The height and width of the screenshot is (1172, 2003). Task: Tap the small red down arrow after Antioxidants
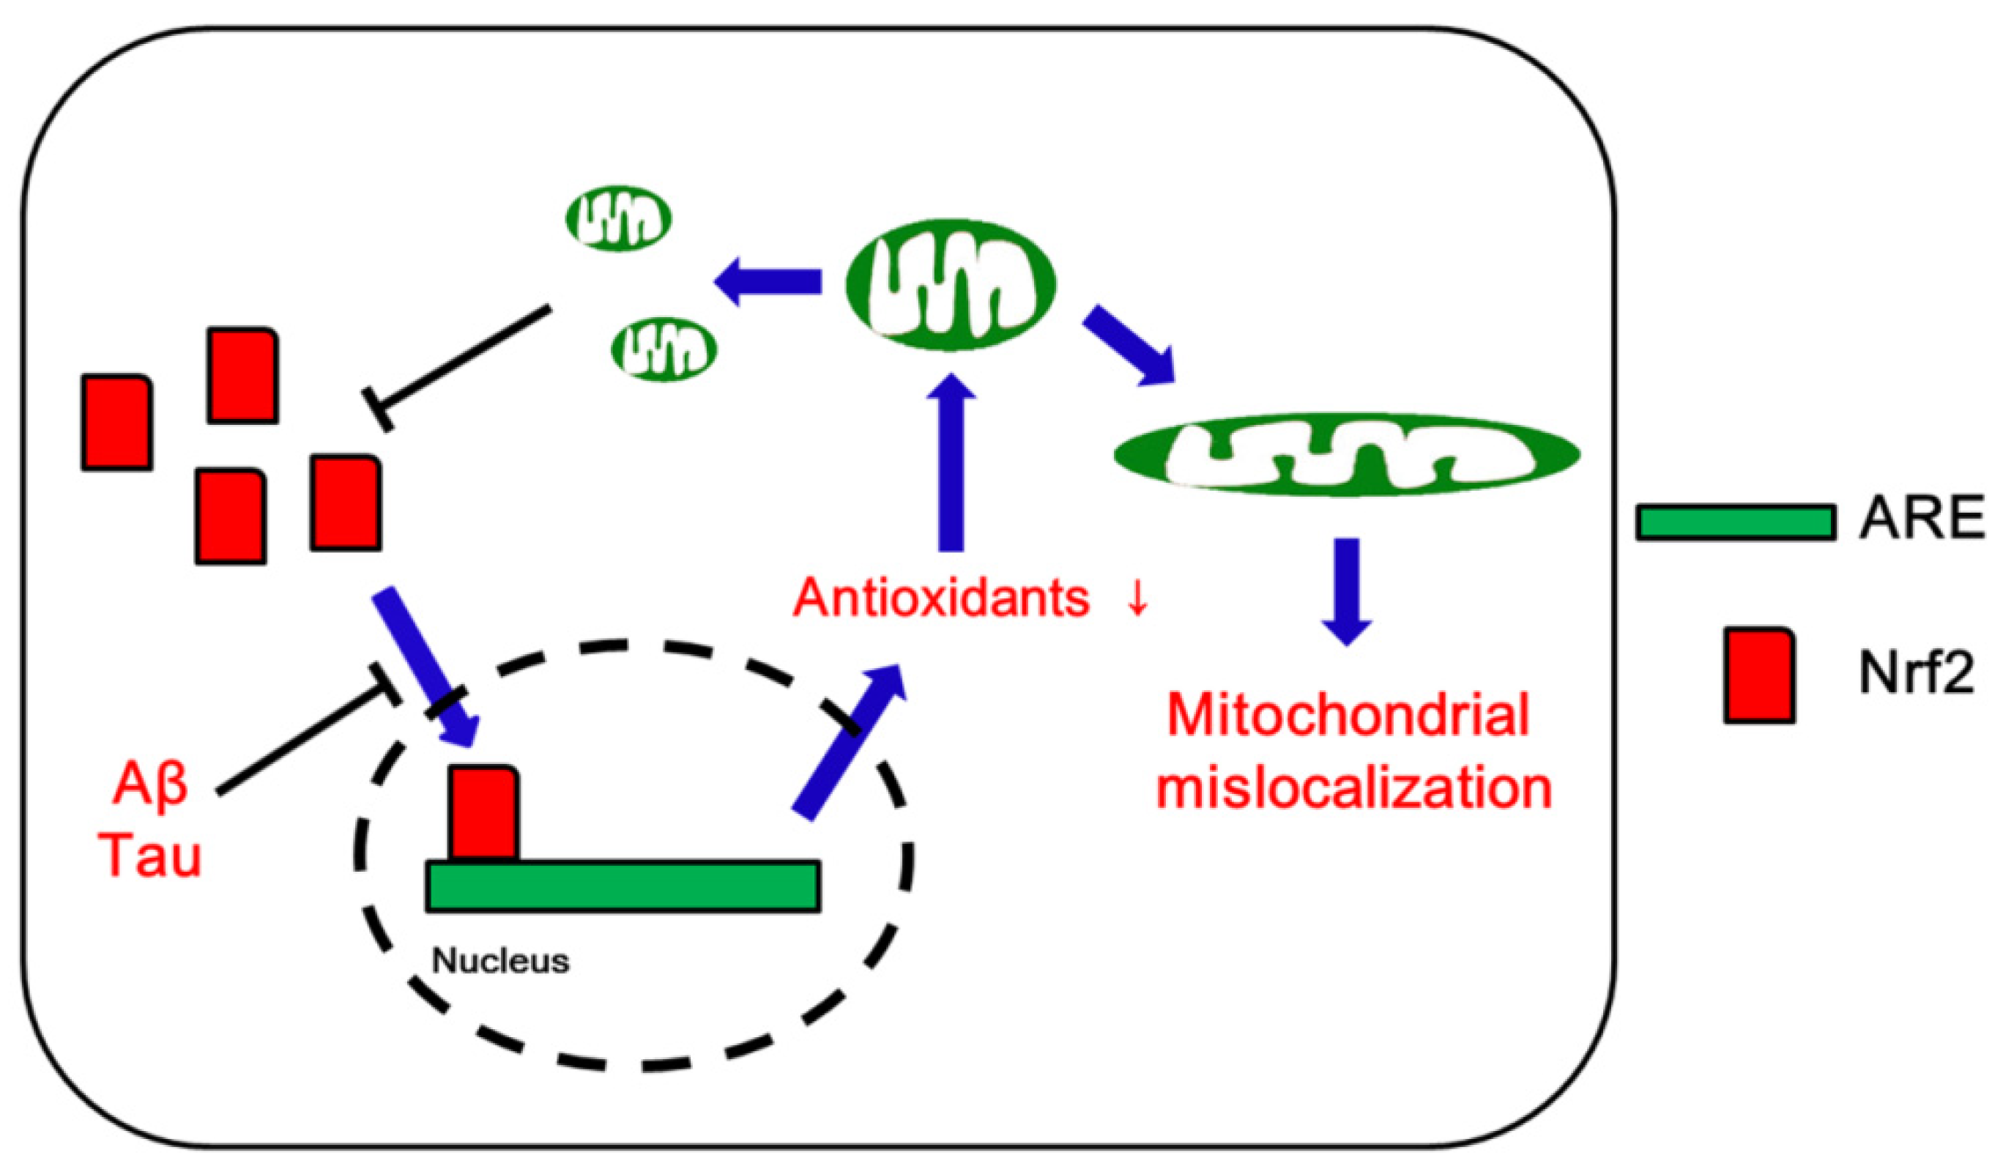point(1137,598)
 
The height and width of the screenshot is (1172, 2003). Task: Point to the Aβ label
point(151,783)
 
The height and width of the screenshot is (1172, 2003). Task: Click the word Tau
point(152,856)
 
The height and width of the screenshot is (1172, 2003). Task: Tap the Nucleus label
point(501,961)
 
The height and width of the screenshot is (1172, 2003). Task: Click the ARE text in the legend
point(1920,521)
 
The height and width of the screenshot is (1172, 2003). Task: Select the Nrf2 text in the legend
point(1917,674)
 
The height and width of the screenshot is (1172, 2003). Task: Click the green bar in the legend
point(1735,522)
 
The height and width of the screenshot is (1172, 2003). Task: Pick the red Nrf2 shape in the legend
point(1759,674)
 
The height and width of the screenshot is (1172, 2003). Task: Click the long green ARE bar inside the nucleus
point(623,885)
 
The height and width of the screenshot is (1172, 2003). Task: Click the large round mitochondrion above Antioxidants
point(951,284)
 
